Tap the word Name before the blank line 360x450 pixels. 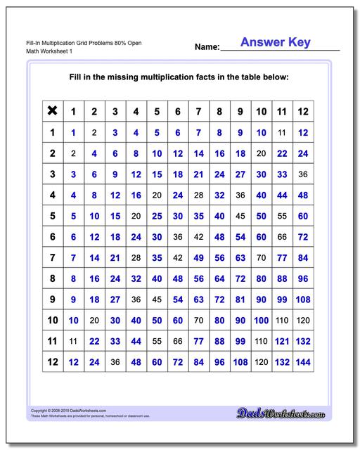click(x=207, y=47)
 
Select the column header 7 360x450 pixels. click(x=199, y=111)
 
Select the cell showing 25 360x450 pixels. click(x=157, y=215)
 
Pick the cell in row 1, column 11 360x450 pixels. click(x=282, y=131)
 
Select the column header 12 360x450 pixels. click(x=303, y=111)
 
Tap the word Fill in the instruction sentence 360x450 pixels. click(x=78, y=77)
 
